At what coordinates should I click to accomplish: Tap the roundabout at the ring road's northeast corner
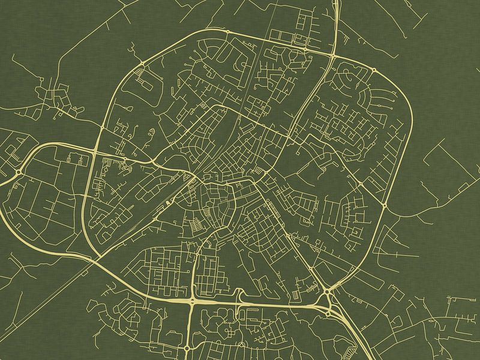374,70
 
